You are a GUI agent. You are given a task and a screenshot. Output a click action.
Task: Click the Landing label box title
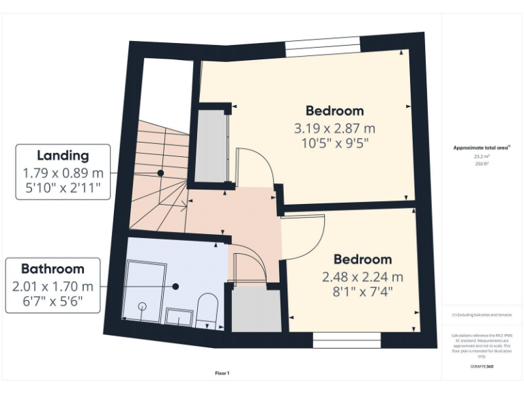click(63, 156)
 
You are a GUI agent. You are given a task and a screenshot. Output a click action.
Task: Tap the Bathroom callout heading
click(53, 269)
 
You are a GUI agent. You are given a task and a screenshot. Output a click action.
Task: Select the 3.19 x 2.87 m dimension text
click(334, 128)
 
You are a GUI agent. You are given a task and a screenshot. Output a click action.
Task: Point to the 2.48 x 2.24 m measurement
click(362, 277)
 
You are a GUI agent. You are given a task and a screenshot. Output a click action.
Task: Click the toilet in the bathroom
click(206, 308)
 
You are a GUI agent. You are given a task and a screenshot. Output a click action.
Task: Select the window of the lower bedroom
click(346, 338)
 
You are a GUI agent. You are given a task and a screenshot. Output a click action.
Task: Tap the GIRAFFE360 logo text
click(482, 367)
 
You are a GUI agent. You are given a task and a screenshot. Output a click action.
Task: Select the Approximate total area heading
click(482, 147)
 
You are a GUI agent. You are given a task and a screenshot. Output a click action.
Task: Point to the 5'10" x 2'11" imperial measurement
click(63, 188)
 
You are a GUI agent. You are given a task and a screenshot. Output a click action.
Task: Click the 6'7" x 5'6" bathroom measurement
click(53, 301)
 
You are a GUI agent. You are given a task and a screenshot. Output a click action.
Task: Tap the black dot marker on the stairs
click(160, 173)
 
